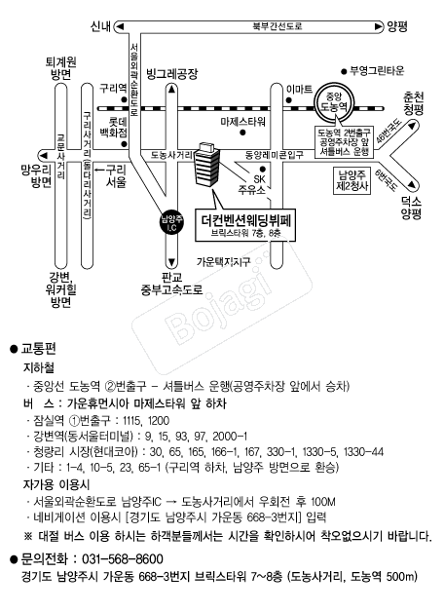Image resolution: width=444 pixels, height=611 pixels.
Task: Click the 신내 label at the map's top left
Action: point(100,26)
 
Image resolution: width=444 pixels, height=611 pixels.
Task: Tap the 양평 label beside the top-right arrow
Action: point(397,26)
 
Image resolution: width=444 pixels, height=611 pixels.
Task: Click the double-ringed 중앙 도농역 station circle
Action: point(333,102)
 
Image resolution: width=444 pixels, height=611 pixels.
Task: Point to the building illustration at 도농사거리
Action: point(206,165)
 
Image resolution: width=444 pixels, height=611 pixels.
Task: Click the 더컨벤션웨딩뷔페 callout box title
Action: point(246,220)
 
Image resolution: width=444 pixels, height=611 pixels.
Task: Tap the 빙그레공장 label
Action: point(171,74)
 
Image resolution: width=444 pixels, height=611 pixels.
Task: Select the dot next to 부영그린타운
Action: point(344,71)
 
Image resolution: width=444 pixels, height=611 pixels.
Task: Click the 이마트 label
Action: point(299,90)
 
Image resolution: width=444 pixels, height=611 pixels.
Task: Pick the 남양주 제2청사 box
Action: point(352,180)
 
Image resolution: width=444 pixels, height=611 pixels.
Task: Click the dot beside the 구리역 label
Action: point(124,99)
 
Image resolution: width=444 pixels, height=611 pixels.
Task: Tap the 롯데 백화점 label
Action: point(113,129)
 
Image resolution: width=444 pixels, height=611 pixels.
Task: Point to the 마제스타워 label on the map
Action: point(242,122)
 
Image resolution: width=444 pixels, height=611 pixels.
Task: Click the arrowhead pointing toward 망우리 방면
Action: point(43,155)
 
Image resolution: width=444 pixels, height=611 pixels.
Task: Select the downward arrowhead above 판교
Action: point(171,262)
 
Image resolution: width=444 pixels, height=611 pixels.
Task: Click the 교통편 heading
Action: point(39,348)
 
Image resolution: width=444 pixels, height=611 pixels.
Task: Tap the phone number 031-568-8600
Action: point(123,559)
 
